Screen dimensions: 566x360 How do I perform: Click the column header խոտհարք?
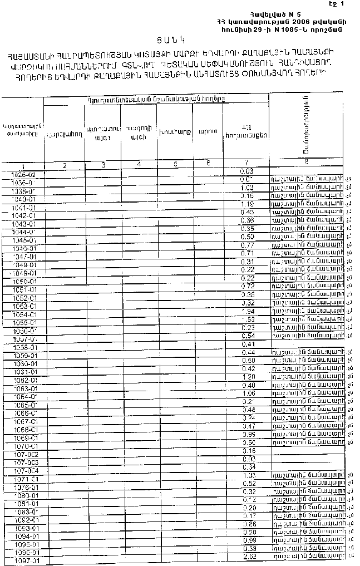click(174, 132)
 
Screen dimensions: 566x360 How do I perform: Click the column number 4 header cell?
click(139, 164)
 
